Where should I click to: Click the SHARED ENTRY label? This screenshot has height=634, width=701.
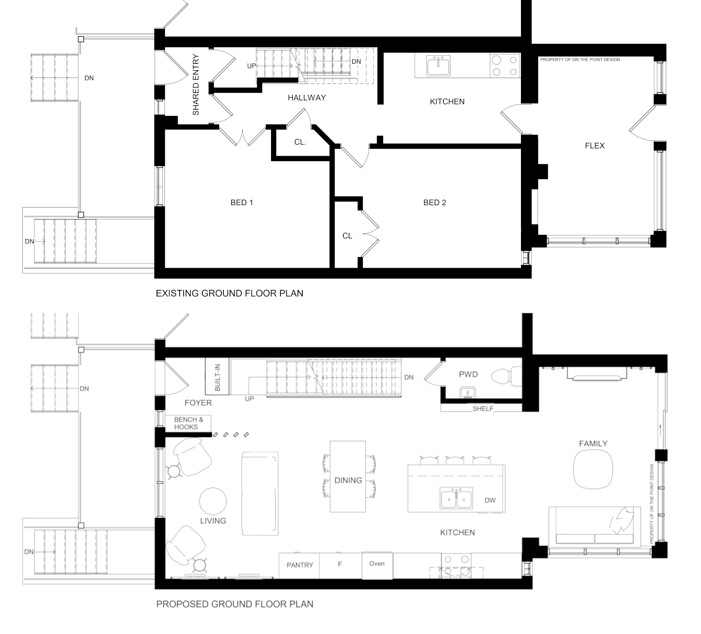[x=196, y=85]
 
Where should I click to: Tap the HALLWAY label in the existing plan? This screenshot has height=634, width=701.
[x=307, y=98]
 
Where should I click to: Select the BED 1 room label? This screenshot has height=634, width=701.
[x=242, y=202]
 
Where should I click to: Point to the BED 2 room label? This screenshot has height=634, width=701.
[x=435, y=202]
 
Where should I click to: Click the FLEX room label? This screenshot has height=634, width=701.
[x=595, y=146]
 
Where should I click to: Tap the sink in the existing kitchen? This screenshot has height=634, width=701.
[x=439, y=66]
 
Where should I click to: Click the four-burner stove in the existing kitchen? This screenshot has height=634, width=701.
[x=505, y=66]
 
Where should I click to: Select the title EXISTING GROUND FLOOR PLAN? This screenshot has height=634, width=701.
[x=230, y=293]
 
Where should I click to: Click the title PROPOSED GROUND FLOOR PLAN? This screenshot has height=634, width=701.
[x=235, y=604]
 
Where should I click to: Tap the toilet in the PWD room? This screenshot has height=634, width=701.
[x=507, y=377]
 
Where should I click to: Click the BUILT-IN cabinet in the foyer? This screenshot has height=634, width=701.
[x=218, y=377]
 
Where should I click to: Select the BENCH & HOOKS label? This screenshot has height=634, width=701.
[x=188, y=423]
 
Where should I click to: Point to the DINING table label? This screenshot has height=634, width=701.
[x=348, y=480]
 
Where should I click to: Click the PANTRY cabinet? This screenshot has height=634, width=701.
[x=300, y=565]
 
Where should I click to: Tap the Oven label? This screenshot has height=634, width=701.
[x=377, y=564]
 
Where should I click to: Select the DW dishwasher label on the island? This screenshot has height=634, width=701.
[x=490, y=501]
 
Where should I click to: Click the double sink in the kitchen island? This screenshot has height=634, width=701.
[x=456, y=498]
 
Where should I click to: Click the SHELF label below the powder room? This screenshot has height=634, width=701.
[x=483, y=409]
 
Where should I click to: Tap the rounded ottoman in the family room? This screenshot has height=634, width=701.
[x=593, y=469]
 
